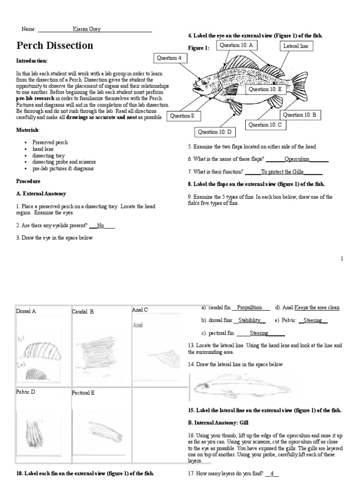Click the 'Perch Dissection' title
[55, 45]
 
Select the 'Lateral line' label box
[295, 46]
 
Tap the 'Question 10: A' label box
[236, 45]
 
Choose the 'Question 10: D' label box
[215, 132]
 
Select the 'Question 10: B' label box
[300, 115]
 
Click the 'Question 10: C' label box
[265, 125]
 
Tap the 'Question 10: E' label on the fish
[265, 89]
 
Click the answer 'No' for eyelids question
[100, 225]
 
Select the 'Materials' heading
[28, 129]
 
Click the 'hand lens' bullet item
[43, 149]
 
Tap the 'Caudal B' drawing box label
[83, 311]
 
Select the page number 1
[342, 258]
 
